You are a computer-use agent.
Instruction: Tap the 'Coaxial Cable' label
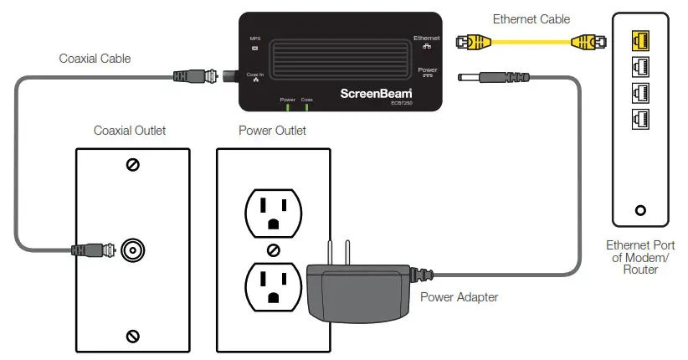[x=95, y=59]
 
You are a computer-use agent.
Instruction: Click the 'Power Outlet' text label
[x=272, y=131]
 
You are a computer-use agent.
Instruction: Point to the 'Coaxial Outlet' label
[x=130, y=131]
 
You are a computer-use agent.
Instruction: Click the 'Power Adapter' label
[x=459, y=296]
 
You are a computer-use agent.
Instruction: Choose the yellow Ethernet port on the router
[x=640, y=38]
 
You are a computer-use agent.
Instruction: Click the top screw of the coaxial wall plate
[x=132, y=165]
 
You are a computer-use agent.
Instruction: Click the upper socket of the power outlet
[x=273, y=210]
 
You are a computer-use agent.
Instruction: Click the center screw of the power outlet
[x=273, y=249]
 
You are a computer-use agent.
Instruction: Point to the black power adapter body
[x=356, y=289]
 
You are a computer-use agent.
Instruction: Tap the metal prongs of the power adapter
[x=336, y=250]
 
